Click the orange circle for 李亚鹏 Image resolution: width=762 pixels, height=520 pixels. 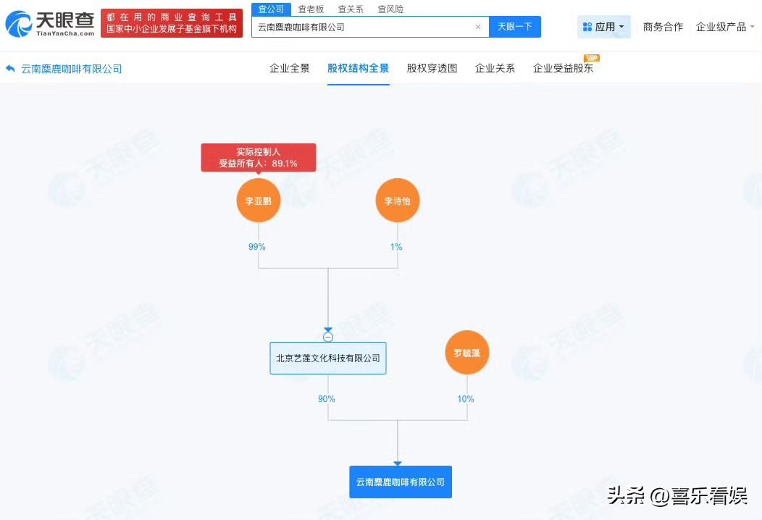click(258, 201)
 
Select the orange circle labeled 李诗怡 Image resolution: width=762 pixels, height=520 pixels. click(398, 201)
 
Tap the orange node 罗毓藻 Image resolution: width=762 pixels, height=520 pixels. click(467, 353)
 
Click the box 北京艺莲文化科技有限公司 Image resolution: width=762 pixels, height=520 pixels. click(328, 358)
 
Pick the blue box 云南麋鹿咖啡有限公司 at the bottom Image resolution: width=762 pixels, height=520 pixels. click(400, 482)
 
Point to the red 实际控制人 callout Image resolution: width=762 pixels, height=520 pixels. click(258, 157)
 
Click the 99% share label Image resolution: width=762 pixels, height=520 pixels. click(257, 247)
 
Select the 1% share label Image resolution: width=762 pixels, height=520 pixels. click(396, 247)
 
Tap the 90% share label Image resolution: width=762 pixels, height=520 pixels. click(327, 399)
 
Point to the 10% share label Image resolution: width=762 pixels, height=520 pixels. click(466, 399)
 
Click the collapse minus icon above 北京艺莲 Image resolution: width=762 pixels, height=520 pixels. click(328, 337)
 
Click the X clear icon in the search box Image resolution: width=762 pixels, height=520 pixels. click(478, 27)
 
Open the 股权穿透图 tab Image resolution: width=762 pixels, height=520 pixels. click(432, 69)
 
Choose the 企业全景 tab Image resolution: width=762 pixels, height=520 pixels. click(290, 69)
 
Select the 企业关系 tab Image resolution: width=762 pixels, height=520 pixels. click(495, 69)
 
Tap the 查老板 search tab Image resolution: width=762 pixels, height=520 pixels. click(311, 9)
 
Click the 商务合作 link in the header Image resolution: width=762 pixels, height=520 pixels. click(663, 27)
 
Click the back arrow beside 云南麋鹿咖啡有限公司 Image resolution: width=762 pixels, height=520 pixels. click(10, 69)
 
